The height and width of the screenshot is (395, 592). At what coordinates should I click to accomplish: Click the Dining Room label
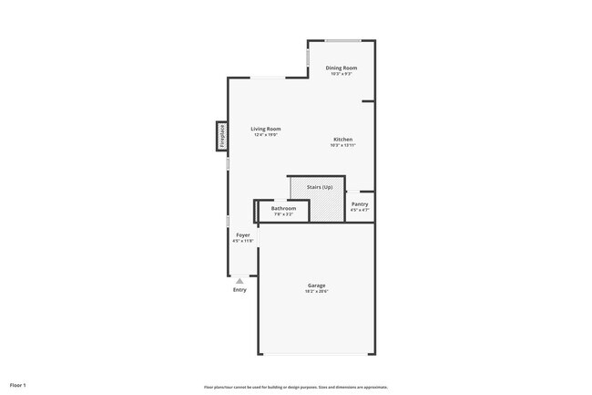point(342,68)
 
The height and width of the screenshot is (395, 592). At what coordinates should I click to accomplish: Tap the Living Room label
point(266,129)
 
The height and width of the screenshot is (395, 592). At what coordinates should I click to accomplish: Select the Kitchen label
point(342,140)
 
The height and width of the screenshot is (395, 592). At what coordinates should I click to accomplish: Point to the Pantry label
point(360,204)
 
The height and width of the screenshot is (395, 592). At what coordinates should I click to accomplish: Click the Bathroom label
point(283,208)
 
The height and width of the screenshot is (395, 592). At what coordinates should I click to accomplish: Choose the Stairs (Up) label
point(320,187)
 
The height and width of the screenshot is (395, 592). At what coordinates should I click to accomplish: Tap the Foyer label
point(243,235)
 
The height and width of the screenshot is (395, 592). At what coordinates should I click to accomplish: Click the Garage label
point(316,286)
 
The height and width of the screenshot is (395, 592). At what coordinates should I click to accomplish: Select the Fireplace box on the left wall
point(220,136)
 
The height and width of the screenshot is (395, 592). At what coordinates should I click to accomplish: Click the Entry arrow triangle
point(240,281)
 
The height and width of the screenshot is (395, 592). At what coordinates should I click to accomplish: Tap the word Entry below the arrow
point(240,290)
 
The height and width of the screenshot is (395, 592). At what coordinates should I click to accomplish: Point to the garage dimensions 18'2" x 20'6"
point(316,292)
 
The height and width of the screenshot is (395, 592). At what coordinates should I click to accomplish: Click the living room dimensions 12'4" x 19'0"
point(266,135)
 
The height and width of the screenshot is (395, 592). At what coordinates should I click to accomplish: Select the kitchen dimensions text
point(342,146)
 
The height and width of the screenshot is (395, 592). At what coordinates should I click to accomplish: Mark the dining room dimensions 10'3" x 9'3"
point(342,74)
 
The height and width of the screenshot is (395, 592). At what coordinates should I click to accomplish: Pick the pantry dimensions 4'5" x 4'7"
point(360,211)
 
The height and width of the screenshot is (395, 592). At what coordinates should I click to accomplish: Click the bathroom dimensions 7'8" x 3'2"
point(283,214)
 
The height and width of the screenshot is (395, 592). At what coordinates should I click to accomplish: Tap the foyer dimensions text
point(243,242)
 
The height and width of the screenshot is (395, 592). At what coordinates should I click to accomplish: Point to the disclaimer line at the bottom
point(295,386)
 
